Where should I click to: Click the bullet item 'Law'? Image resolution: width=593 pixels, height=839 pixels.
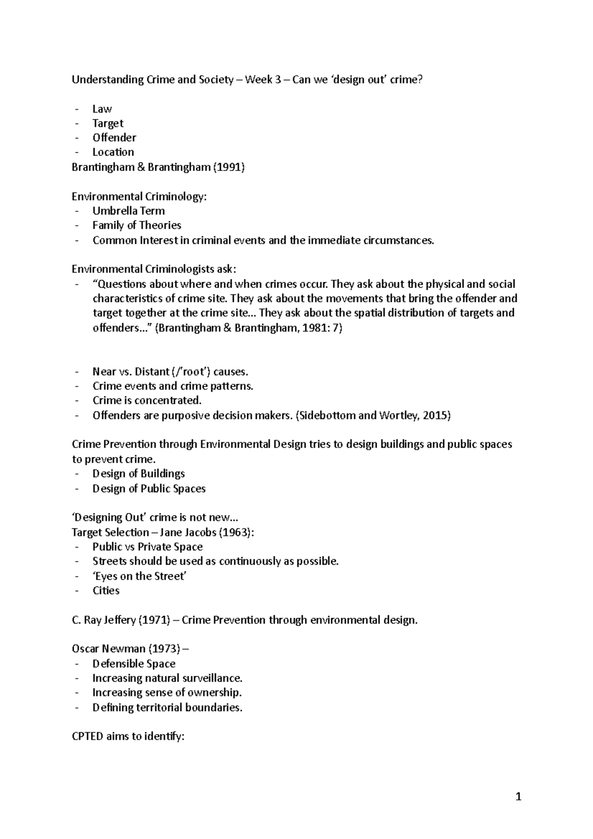pos(102,109)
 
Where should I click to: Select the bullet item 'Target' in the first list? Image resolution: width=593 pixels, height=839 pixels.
pos(108,124)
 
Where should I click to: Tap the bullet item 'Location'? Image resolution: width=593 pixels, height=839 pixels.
pos(113,152)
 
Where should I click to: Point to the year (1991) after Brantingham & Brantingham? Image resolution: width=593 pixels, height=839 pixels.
pos(229,167)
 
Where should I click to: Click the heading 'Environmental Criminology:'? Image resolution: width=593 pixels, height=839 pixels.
pos(139,196)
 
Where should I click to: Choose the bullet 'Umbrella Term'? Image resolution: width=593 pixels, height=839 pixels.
pos(128,211)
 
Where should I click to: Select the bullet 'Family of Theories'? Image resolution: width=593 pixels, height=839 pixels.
pos(137,225)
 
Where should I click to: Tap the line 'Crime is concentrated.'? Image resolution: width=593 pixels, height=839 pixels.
pos(147,400)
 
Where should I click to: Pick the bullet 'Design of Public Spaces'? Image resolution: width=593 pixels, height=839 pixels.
pos(149,488)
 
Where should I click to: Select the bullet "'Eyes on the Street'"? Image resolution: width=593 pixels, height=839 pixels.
pos(139,576)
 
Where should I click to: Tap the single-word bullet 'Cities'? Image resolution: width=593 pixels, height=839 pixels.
pos(106,590)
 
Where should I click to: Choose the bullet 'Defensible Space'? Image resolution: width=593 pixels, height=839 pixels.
pos(134,664)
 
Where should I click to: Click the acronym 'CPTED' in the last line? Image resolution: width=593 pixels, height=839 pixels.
pos(87,736)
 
